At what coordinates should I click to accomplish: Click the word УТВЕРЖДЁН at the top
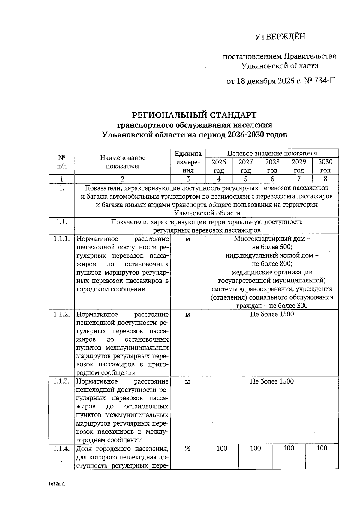coord(280,37)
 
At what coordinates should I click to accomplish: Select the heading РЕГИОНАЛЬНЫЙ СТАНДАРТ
coord(194,115)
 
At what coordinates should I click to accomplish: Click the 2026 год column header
coord(219,166)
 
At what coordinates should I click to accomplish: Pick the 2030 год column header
coord(325,166)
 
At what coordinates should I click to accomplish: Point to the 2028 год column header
coord(272,166)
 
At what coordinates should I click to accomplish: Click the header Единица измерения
coord(188,162)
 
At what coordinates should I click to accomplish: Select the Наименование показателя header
coord(122,162)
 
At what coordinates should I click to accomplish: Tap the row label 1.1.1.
coord(62,239)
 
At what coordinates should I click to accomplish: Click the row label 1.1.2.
coord(62,314)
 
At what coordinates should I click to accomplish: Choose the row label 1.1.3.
coord(62,381)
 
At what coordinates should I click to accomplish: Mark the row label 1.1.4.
coord(62,449)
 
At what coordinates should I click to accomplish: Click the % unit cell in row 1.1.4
coord(188,449)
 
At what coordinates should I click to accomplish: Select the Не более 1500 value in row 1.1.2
coord(272,314)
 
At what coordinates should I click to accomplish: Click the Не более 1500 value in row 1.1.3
coord(272,381)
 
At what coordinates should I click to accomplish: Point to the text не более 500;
coord(272,247)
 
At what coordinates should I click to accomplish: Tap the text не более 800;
coord(272,264)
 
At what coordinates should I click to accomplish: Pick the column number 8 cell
coord(325,179)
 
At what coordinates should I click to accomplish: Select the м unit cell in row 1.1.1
coord(188,239)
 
